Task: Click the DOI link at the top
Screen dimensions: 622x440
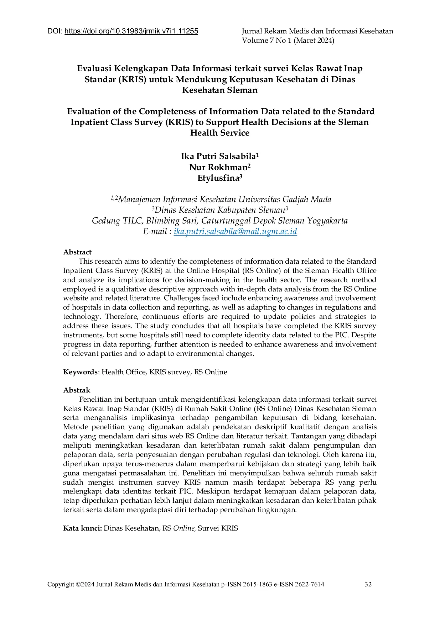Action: coord(131,31)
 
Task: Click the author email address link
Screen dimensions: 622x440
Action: coord(235,232)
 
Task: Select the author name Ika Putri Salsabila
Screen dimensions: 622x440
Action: coord(218,157)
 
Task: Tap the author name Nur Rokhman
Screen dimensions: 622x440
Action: coord(218,167)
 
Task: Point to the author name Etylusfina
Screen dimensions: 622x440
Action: coord(218,178)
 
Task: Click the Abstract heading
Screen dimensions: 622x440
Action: coord(77,252)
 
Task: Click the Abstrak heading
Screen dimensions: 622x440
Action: coord(77,390)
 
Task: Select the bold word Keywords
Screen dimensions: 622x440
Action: coord(80,372)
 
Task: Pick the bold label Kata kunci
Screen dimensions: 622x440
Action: coord(82,528)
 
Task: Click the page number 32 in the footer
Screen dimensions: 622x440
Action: coord(368,584)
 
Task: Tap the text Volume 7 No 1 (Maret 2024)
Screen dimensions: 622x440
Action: coord(288,41)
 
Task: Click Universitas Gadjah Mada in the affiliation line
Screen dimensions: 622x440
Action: coord(285,200)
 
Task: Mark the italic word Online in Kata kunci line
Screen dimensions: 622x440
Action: coord(184,528)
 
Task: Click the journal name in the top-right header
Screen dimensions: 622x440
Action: coord(317,31)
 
